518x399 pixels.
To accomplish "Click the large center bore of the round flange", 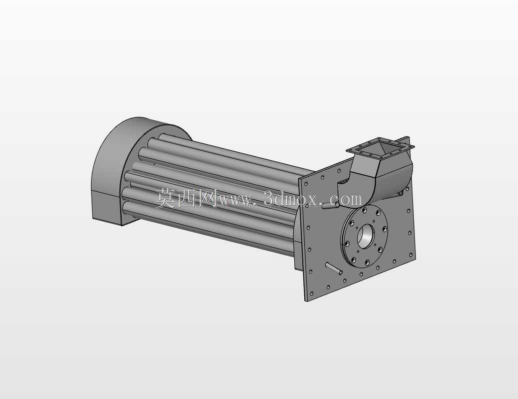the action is click(365, 236).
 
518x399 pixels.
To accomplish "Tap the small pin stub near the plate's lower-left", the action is click(334, 268).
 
